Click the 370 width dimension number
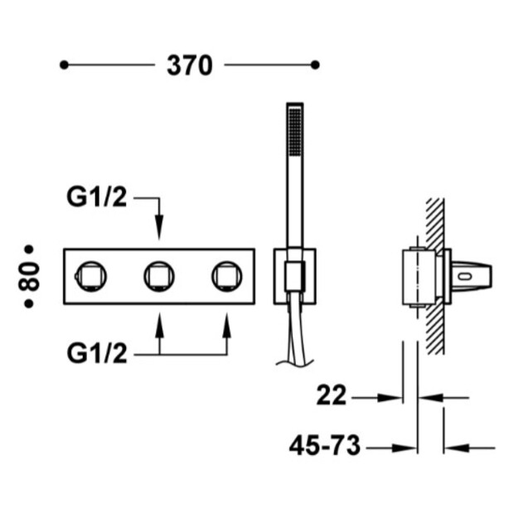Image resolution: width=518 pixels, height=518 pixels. (190, 65)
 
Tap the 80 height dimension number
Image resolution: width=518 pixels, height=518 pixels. (29, 277)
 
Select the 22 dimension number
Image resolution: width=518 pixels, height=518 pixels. (332, 395)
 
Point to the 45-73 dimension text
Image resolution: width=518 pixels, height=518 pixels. (325, 446)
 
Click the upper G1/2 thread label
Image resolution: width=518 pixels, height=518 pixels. (96, 197)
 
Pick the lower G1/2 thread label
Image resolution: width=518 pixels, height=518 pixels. (97, 353)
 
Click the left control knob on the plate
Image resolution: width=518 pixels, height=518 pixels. (91, 277)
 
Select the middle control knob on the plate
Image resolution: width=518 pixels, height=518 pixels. (159, 277)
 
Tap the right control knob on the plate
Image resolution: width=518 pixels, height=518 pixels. (227, 277)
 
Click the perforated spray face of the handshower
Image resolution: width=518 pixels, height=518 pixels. (295, 132)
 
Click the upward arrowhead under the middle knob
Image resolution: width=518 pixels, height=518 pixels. (160, 326)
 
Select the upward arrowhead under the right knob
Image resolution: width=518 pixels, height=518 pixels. (227, 326)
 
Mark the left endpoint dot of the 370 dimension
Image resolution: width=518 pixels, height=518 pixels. (64, 65)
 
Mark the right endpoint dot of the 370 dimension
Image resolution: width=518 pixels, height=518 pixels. (315, 65)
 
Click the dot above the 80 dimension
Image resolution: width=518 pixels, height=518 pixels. (29, 249)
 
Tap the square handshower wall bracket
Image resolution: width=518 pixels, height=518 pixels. (295, 276)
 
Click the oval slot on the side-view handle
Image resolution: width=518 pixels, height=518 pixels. (466, 276)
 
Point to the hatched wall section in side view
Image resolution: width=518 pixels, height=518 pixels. (435, 276)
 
